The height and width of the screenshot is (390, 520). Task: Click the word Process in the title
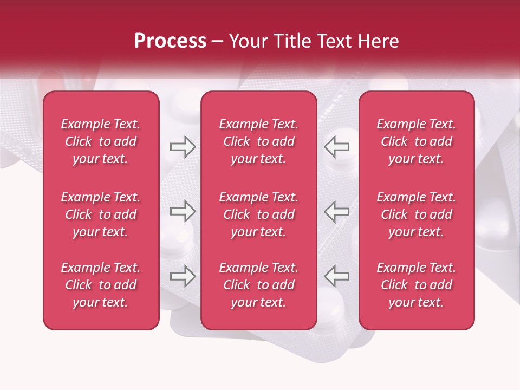[x=170, y=41]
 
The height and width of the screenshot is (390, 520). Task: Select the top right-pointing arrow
[x=183, y=147]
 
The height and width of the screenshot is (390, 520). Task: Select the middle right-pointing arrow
[x=183, y=211]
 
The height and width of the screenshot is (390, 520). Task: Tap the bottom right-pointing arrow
[x=183, y=276]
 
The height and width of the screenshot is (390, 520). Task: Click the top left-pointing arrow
[x=337, y=147]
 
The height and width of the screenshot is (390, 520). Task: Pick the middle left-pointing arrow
[x=337, y=211]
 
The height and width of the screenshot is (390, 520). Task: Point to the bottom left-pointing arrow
[x=337, y=276]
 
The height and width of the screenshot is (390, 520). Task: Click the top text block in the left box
[x=101, y=141]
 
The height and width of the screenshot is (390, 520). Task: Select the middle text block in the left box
[x=101, y=214]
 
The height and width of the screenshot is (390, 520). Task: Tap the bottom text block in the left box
[x=101, y=285]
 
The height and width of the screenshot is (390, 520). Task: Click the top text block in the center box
[x=258, y=141]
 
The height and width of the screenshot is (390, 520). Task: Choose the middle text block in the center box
[x=258, y=214]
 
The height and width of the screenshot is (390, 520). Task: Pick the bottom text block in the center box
[x=258, y=285]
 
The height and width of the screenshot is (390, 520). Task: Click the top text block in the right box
[x=416, y=141]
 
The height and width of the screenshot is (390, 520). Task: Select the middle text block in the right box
[x=416, y=214]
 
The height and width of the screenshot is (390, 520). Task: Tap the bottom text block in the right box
[x=416, y=285]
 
